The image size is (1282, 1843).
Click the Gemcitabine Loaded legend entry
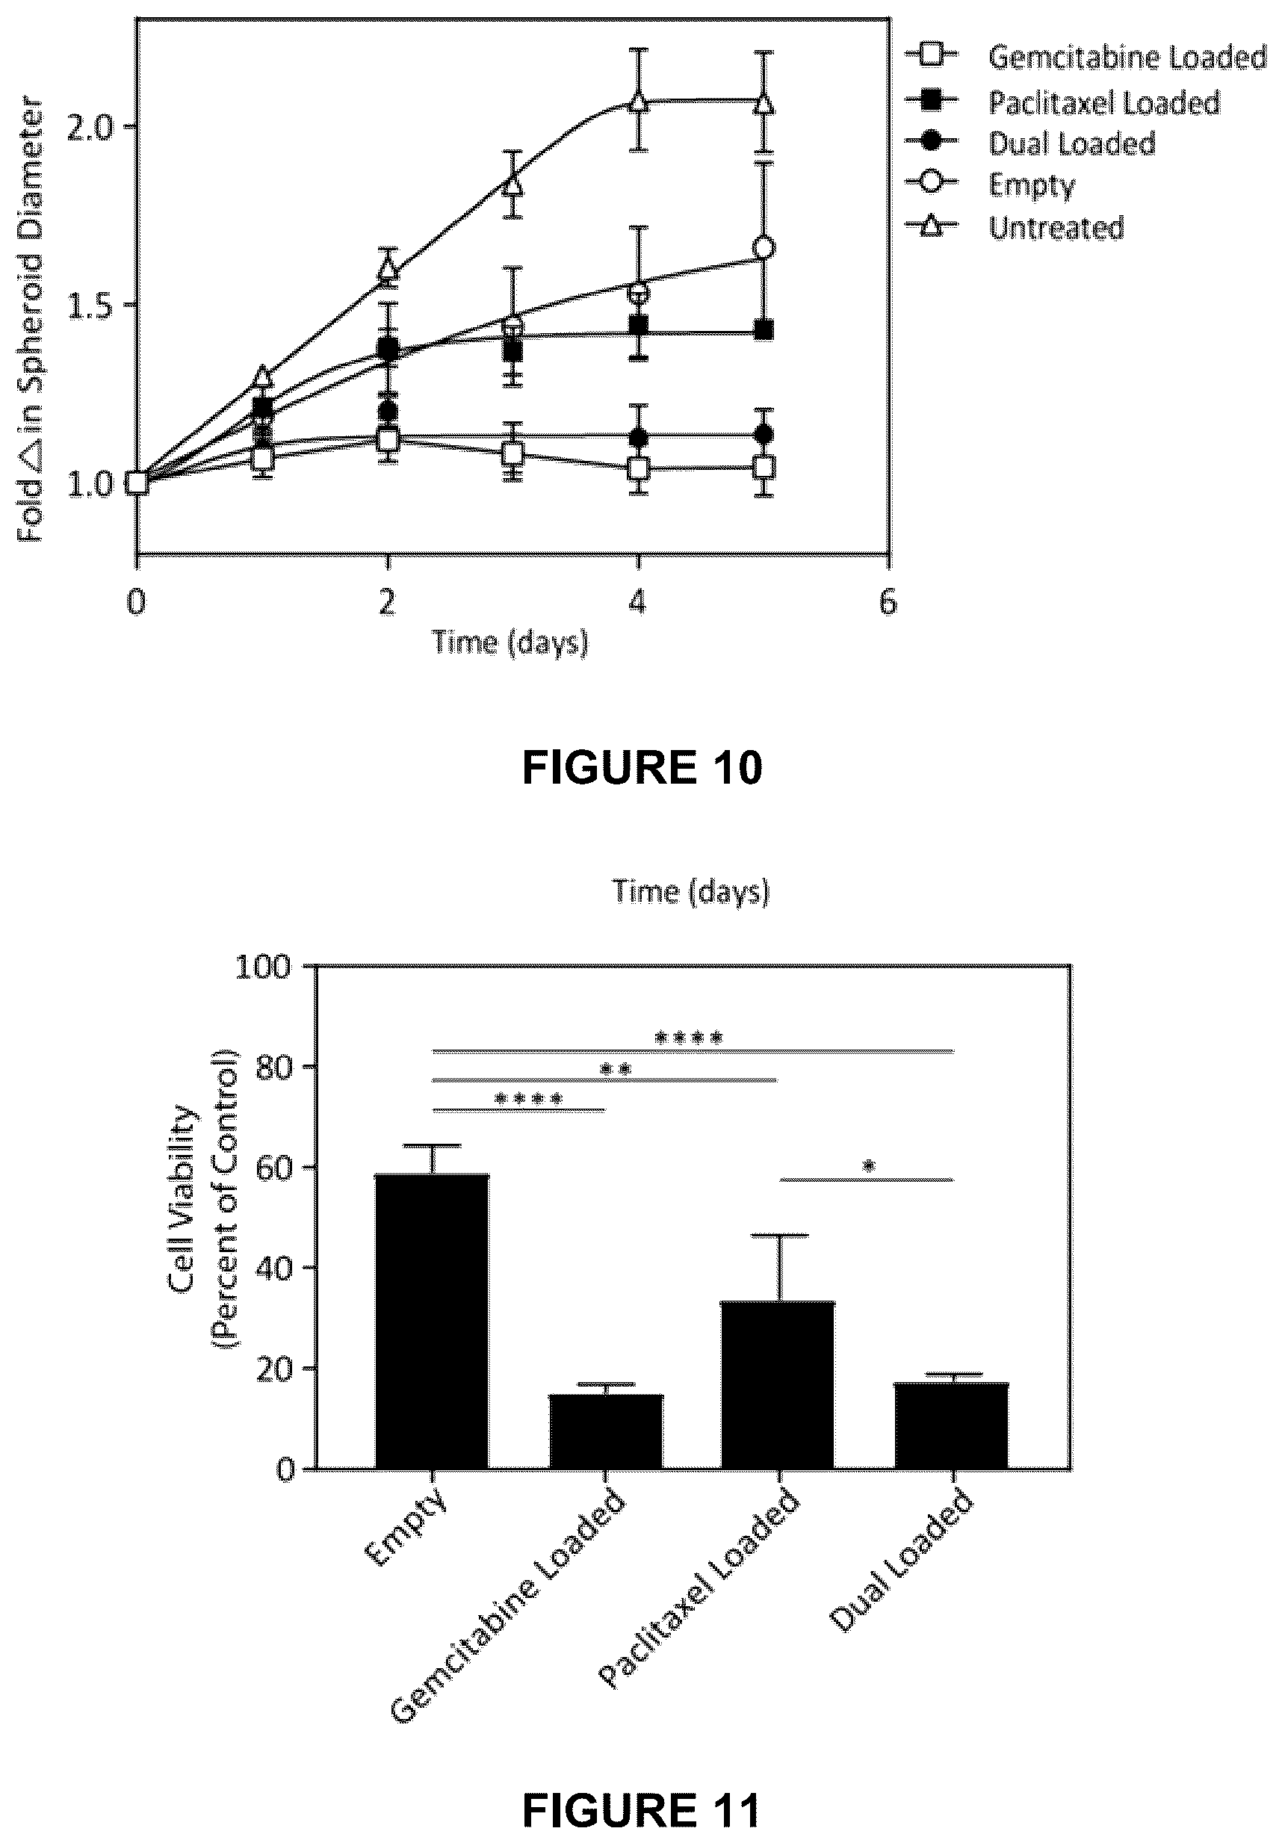[1086, 56]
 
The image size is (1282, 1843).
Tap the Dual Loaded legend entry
[1030, 143]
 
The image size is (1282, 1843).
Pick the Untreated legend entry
[1014, 227]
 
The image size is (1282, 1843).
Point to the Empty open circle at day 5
[764, 248]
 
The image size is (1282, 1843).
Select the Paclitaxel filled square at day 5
[764, 330]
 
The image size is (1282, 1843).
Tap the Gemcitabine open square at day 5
[764, 466]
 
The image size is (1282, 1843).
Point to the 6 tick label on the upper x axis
[887, 601]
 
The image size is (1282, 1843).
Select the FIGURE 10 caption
[642, 767]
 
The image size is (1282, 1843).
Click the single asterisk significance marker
[869, 1167]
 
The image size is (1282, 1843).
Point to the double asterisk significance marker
[616, 1069]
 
